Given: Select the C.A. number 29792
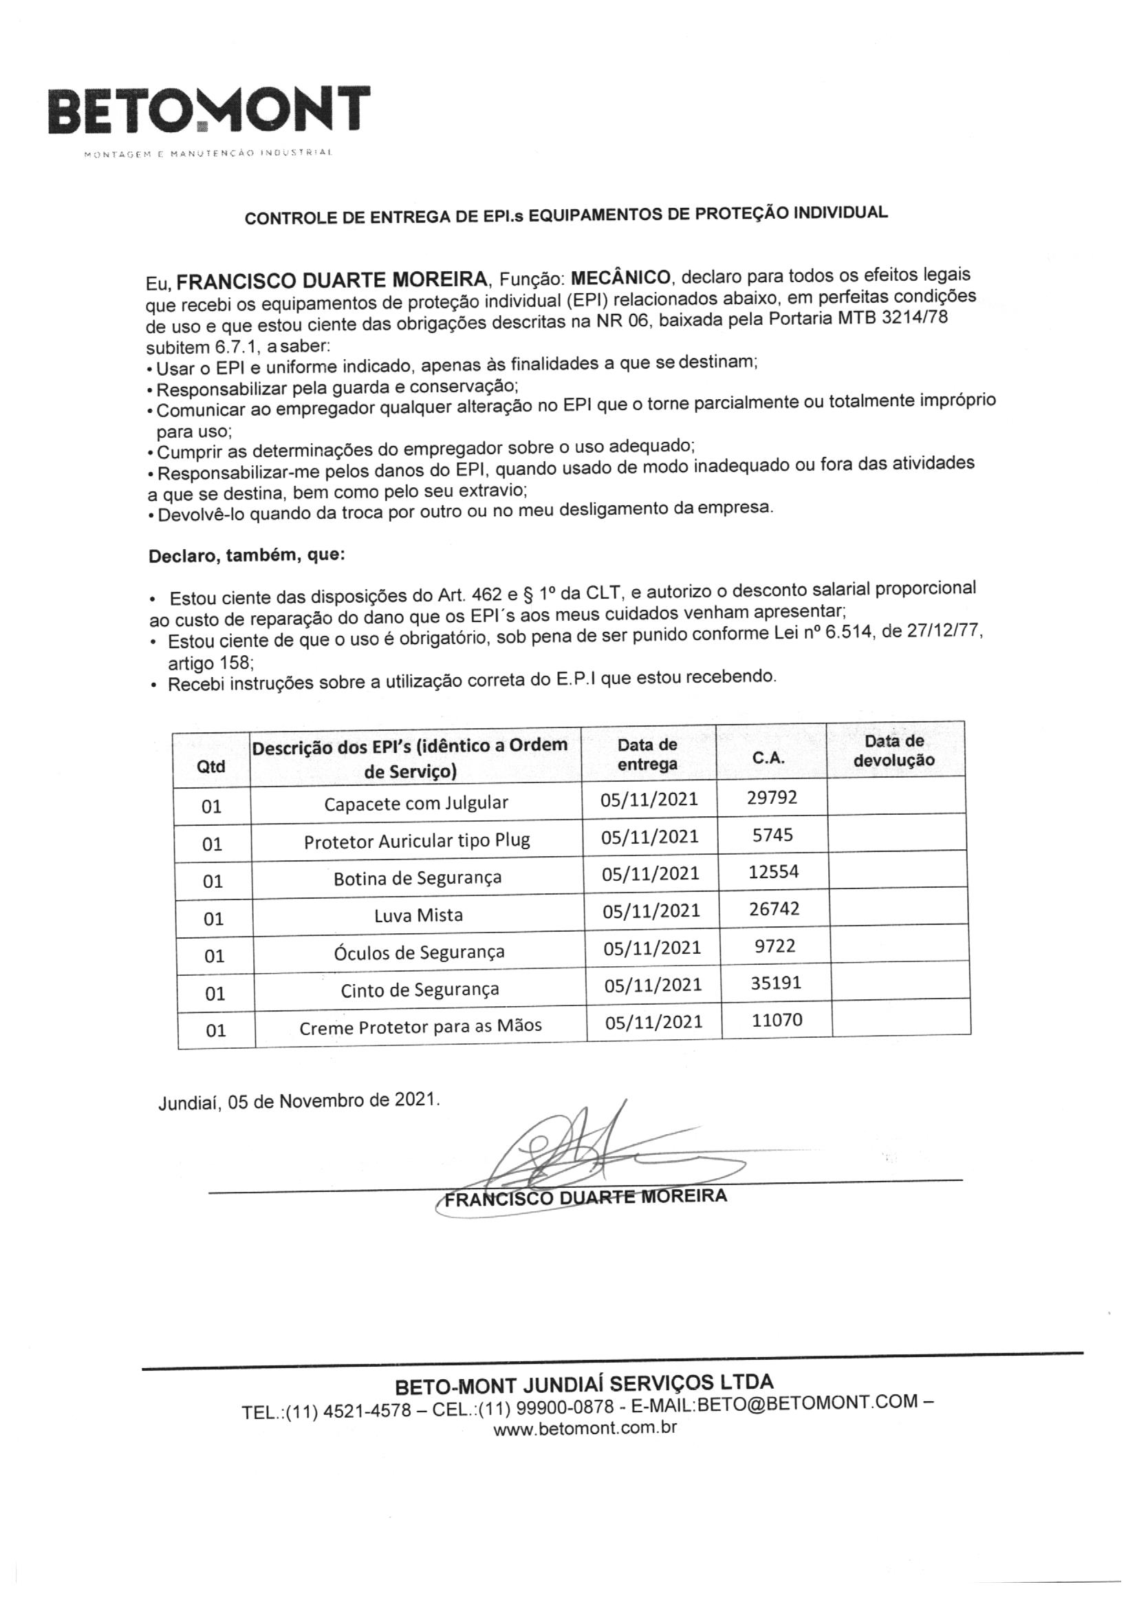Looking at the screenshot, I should click(x=772, y=798).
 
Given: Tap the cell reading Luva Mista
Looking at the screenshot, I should click(x=418, y=915).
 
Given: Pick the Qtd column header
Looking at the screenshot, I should click(x=211, y=767).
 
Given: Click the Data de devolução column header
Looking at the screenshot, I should click(x=894, y=751).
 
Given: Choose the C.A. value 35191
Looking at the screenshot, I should click(x=775, y=983).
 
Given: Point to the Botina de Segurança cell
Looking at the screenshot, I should click(x=418, y=878).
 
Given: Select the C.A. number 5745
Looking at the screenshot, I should click(x=772, y=835).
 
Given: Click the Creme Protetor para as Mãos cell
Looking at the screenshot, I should click(x=420, y=1027).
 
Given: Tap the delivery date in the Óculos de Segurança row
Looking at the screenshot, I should click(x=652, y=948).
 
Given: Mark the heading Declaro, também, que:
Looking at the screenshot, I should click(x=247, y=557).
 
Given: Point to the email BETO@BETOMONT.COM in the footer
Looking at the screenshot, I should click(x=808, y=1403).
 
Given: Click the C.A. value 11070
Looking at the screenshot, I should click(x=777, y=1020).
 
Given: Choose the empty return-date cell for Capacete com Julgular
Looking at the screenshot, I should click(x=896, y=796).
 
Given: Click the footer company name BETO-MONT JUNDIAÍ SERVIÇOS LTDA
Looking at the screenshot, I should click(x=584, y=1383).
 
